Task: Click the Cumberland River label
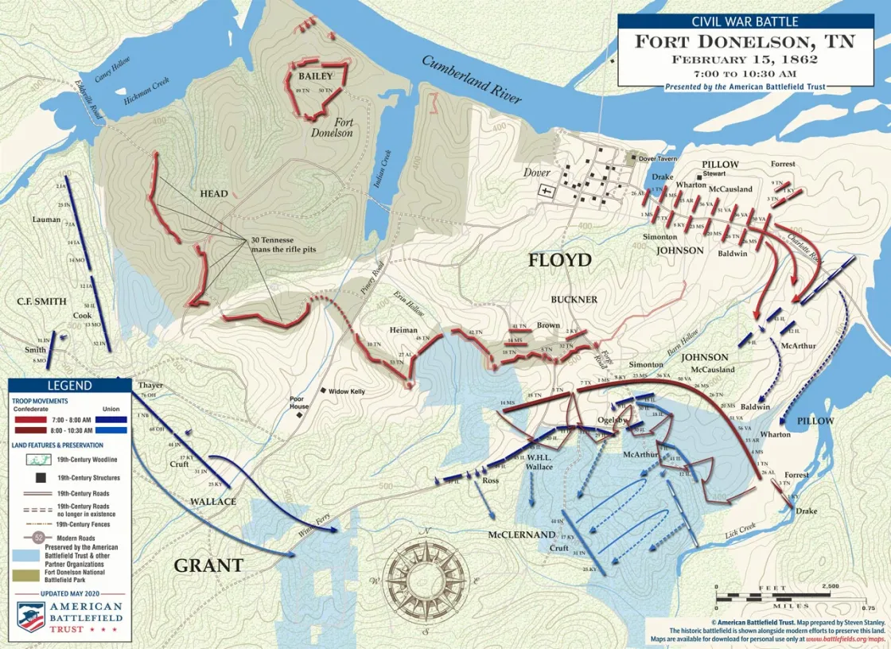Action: click(x=472, y=80)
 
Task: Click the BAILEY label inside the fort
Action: click(x=315, y=77)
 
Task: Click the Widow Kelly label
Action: click(x=347, y=391)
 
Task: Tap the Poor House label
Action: click(x=299, y=402)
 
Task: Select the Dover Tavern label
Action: click(x=657, y=158)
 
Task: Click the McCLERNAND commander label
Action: click(x=521, y=534)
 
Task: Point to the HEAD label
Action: click(x=214, y=193)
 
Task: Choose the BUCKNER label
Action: click(x=574, y=300)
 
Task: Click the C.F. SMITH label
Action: click(x=41, y=302)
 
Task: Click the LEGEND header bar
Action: click(x=70, y=386)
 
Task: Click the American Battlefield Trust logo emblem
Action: click(x=31, y=616)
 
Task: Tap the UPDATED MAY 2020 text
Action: click(x=70, y=593)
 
